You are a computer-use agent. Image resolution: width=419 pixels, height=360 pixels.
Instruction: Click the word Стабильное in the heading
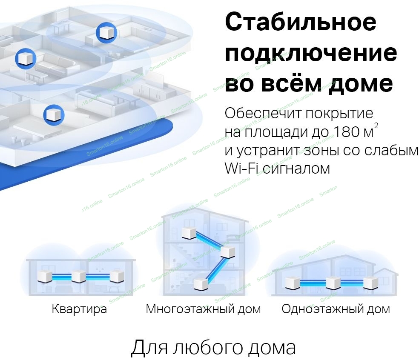pos(300,23)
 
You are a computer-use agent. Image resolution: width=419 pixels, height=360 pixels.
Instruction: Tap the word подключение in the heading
pos(311,54)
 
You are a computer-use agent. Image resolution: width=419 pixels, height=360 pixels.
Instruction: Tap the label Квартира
pos(79,309)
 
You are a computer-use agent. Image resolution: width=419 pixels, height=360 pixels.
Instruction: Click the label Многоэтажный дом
pos(203,309)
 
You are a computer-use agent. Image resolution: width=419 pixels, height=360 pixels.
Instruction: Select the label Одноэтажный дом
pos(336,309)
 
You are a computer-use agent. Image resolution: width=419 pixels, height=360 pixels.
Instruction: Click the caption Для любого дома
pos(213,347)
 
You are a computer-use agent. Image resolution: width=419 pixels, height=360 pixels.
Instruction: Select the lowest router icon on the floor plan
pos(53,114)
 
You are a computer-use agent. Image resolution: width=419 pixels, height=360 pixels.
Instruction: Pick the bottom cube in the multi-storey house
pos(200,283)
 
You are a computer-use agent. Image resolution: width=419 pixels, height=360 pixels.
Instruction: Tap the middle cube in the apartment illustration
pos(79,277)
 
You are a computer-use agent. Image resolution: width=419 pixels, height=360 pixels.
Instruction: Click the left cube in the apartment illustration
pos(45,277)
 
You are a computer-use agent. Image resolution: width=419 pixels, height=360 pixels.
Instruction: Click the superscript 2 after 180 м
pos(375,126)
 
